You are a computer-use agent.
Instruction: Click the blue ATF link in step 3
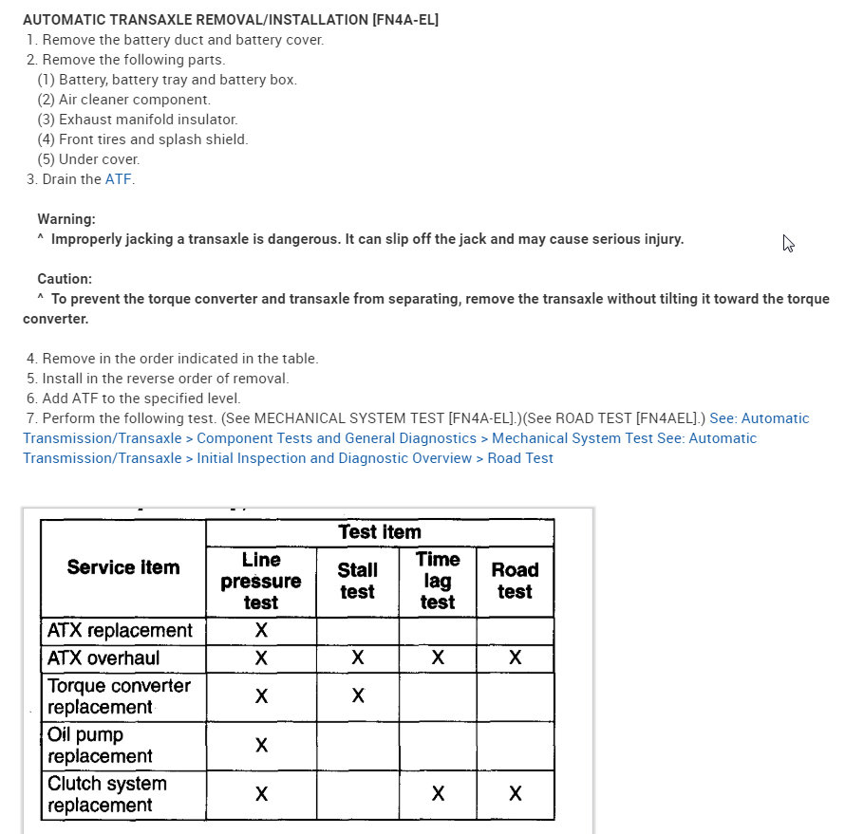(118, 179)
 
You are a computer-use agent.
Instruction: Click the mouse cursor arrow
(788, 243)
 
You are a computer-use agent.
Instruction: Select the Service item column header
(123, 567)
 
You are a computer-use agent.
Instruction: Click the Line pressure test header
(261, 581)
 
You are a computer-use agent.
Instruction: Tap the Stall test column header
(358, 581)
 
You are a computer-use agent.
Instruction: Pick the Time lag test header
(438, 581)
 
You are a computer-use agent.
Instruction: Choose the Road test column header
(515, 581)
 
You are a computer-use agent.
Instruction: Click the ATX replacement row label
(120, 631)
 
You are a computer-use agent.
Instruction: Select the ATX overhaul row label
(104, 658)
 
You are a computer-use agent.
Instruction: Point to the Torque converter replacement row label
(119, 696)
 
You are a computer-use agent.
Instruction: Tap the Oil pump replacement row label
(100, 746)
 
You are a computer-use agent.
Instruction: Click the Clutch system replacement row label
(106, 795)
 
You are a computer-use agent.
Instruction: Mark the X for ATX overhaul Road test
(515, 658)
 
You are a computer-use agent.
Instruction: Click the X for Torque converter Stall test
(358, 696)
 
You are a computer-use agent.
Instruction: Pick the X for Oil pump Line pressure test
(261, 746)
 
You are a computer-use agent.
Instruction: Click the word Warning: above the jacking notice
(66, 219)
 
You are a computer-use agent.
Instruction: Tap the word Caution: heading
(65, 279)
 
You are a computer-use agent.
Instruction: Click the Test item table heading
(380, 532)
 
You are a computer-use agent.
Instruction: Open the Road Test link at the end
(520, 458)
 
